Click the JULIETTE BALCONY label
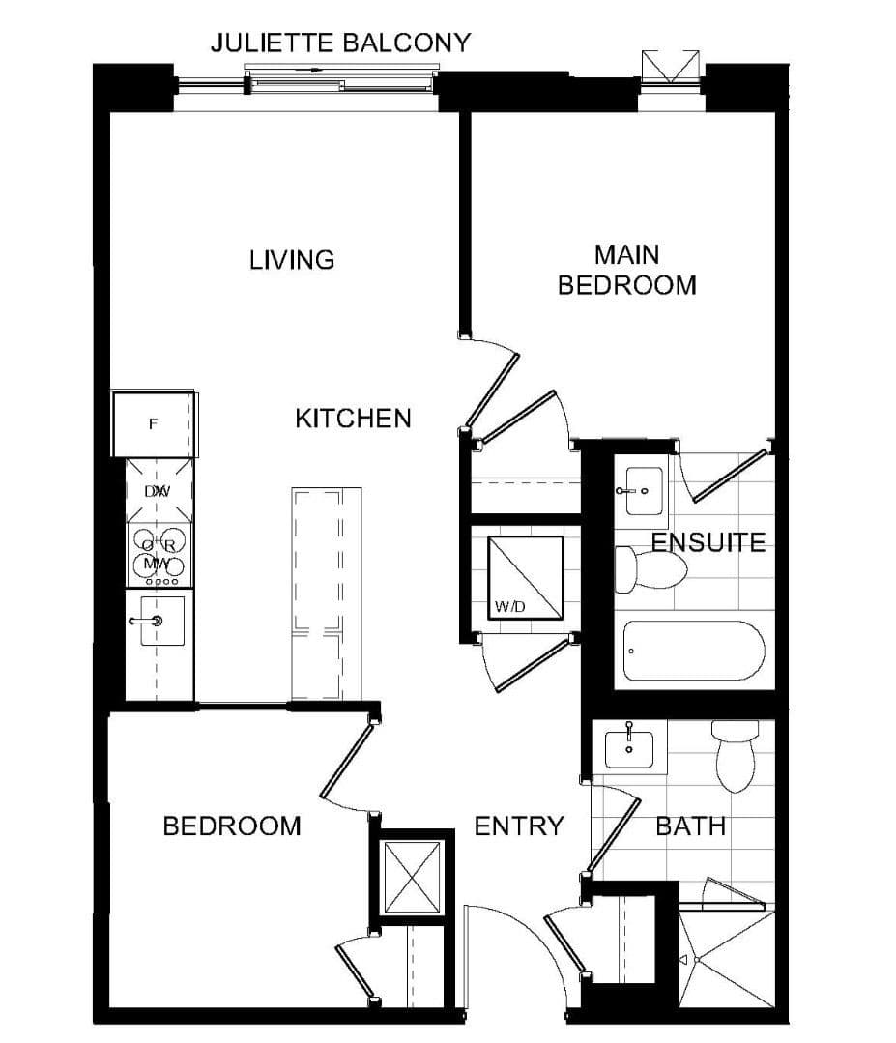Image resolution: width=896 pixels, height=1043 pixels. coord(341,43)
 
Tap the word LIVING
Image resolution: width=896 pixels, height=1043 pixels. coord(292,260)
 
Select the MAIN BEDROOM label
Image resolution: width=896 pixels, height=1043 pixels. coord(627,270)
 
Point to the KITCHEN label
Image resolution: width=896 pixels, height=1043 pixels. coord(353,419)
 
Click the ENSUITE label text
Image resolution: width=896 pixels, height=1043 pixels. coord(708,542)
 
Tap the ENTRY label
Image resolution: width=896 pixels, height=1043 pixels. coord(519,826)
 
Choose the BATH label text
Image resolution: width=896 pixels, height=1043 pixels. coord(690,826)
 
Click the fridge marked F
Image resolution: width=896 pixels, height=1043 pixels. coord(154,423)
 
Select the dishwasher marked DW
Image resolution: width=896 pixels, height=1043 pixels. coord(159,491)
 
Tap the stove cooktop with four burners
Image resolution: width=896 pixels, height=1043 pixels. coord(159,554)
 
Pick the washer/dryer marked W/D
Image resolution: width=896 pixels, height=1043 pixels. coord(525,577)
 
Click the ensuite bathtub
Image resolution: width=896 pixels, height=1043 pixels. coord(694,651)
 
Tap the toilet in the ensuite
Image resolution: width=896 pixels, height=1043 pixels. coord(650,568)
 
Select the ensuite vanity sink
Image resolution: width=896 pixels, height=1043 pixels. coord(640,490)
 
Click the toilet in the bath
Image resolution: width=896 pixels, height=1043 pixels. coord(736,757)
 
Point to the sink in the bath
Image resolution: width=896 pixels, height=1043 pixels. coord(629,746)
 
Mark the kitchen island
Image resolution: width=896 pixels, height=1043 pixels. coord(327,593)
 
